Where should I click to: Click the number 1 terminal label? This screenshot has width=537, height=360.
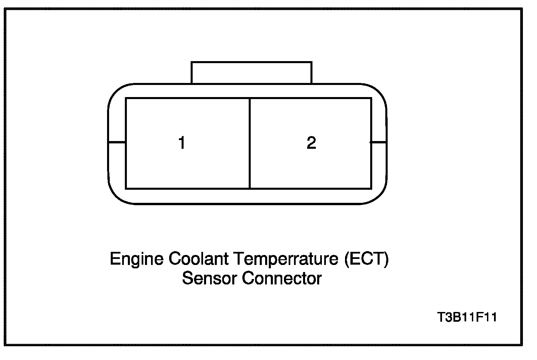pos(182,143)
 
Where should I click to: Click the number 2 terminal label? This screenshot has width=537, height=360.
pos(311,143)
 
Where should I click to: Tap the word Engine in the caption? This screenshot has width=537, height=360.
pos(137,259)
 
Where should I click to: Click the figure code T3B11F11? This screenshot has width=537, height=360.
pos(467,317)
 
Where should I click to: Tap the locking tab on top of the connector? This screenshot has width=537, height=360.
pos(251,73)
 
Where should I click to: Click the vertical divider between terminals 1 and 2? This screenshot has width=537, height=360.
pos(250,143)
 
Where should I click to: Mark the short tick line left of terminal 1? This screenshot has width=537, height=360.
pos(117,142)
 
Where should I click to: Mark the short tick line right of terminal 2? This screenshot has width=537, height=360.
pos(379,142)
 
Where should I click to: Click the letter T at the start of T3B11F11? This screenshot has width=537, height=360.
pos(441,317)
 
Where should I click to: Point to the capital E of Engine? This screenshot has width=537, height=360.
pos(115,259)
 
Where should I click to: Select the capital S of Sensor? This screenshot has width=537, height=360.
pos(187,278)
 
